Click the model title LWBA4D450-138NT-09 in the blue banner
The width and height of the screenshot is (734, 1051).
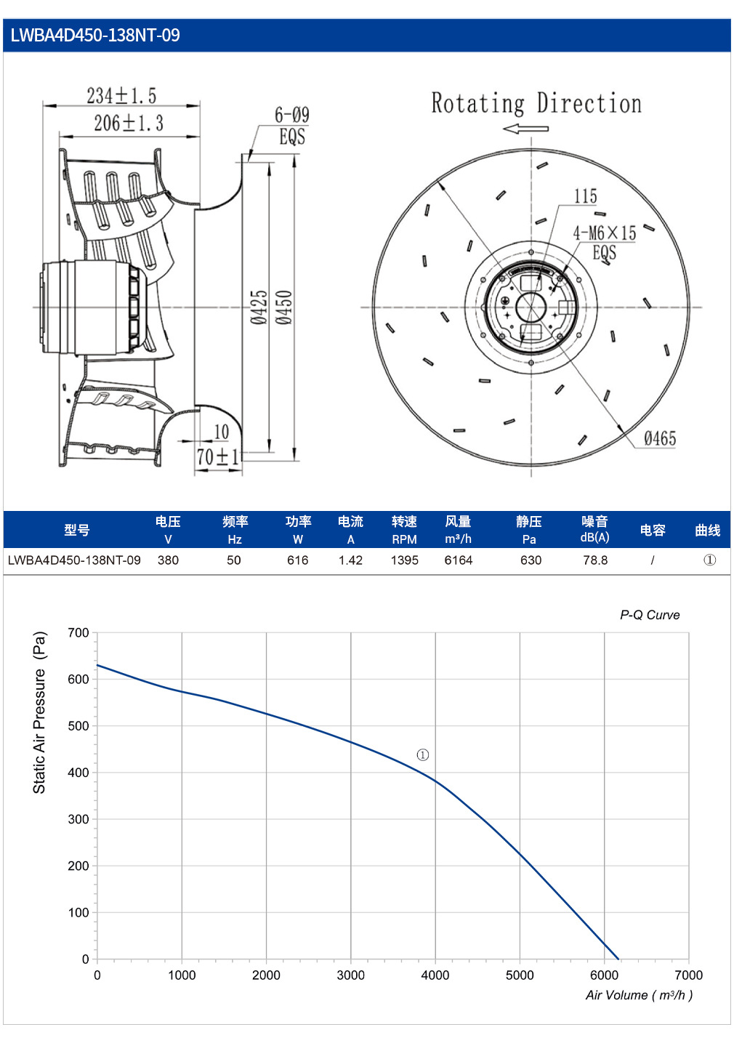click(x=95, y=35)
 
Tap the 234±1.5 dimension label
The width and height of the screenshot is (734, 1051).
click(x=121, y=96)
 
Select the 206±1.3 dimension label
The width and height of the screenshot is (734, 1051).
click(x=129, y=124)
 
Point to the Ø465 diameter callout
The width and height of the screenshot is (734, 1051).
click(x=660, y=439)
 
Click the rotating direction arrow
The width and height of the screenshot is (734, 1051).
click(x=525, y=129)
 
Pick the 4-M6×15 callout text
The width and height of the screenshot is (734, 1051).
click(x=605, y=233)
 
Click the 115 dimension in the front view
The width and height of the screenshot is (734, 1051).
click(x=586, y=196)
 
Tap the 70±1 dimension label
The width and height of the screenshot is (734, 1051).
click(x=217, y=457)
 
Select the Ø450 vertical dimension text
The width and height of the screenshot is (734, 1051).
click(x=283, y=307)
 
